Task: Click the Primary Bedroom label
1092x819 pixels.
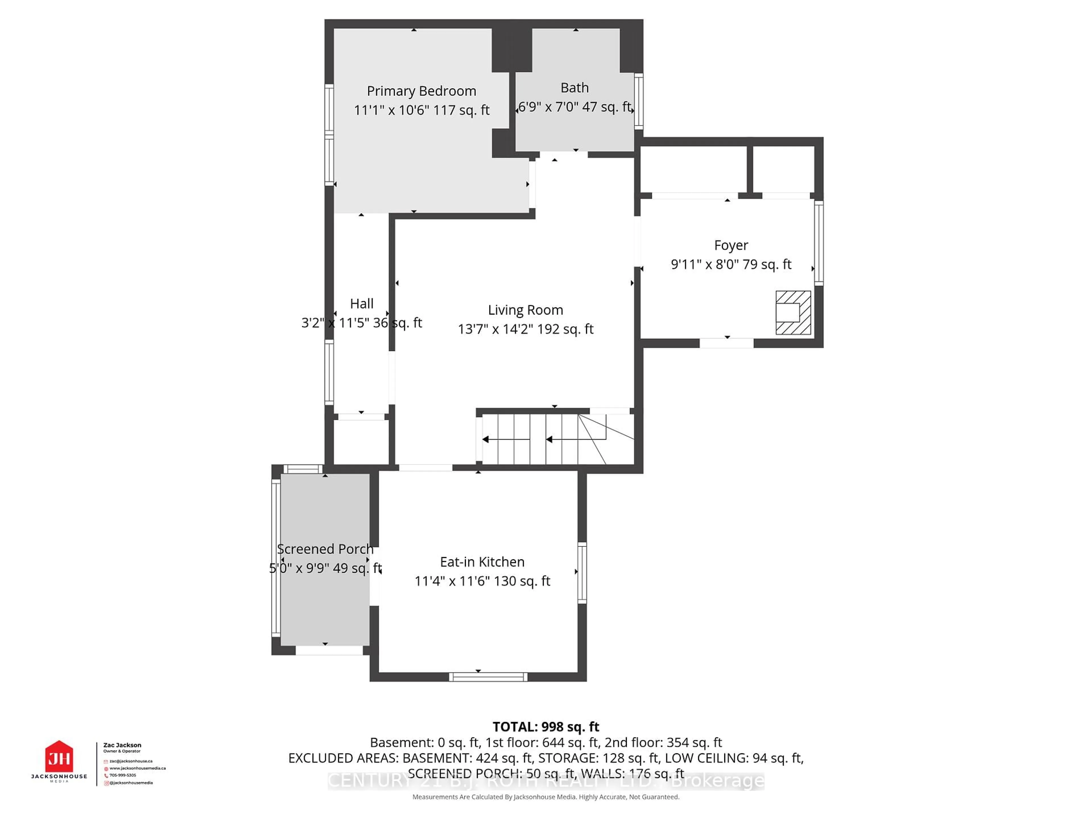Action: coord(421,91)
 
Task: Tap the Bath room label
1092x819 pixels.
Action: coord(575,88)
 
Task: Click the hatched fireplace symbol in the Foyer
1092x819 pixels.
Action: coord(793,313)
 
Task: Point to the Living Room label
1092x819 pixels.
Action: coord(525,310)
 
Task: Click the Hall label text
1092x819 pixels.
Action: coord(361,304)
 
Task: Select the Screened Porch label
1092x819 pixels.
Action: coord(325,549)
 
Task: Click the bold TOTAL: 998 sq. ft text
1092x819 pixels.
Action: coord(545,727)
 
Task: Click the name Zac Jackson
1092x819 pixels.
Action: coord(122,745)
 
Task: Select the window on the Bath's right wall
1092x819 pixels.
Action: coord(638,101)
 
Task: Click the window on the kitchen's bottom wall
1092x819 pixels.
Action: coord(488,677)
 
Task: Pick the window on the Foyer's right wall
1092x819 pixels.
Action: coord(818,243)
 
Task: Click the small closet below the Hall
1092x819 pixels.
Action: coord(361,441)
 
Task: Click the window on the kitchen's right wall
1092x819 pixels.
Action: coord(582,573)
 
